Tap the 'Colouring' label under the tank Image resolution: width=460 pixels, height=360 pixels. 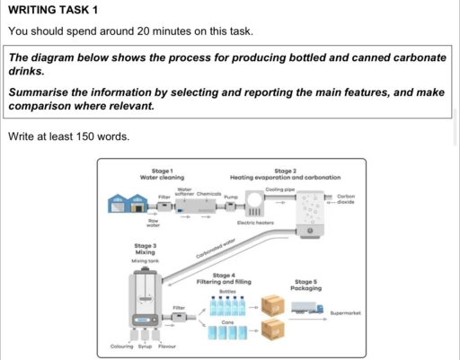(x=121, y=346)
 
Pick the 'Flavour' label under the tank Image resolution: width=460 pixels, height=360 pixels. (x=166, y=346)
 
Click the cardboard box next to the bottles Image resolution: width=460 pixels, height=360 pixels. (x=271, y=306)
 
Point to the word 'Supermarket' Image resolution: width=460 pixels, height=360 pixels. (x=345, y=313)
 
